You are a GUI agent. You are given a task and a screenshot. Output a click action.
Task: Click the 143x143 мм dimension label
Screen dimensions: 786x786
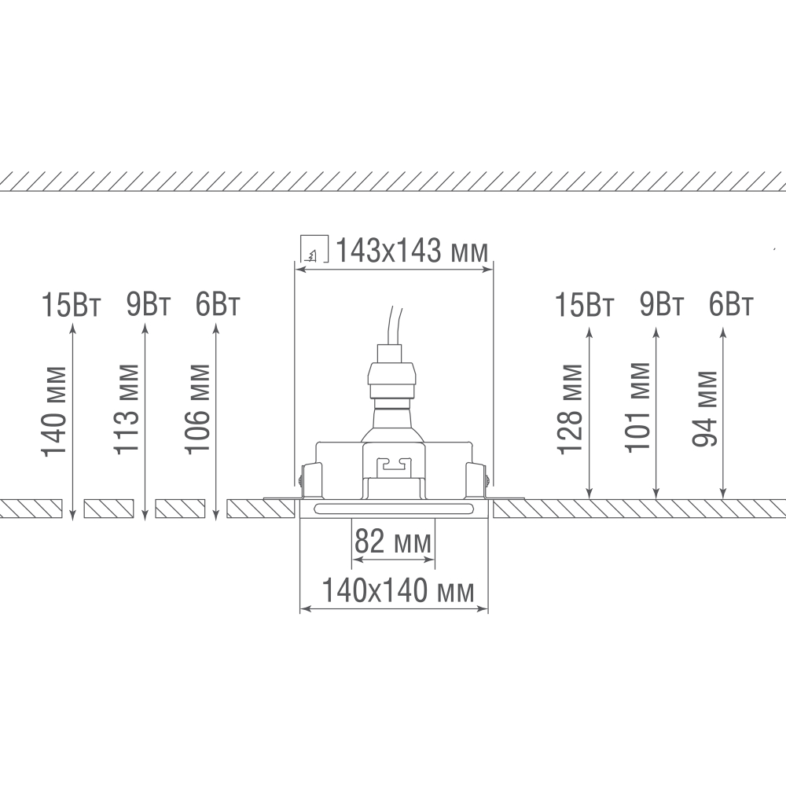click(412, 250)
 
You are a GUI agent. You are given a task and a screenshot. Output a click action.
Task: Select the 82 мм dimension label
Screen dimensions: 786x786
click(393, 542)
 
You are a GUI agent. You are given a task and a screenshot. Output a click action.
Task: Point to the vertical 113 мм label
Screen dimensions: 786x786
click(126, 410)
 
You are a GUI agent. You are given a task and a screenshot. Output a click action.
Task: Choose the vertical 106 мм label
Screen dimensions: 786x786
click(197, 410)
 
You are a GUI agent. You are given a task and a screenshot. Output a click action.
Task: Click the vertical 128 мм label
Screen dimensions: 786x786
click(570, 410)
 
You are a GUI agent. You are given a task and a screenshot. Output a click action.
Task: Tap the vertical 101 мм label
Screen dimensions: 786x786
click(637, 407)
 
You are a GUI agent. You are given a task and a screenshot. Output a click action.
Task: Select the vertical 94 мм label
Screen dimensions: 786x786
click(704, 409)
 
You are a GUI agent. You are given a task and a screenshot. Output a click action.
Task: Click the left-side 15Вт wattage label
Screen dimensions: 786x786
click(72, 304)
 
